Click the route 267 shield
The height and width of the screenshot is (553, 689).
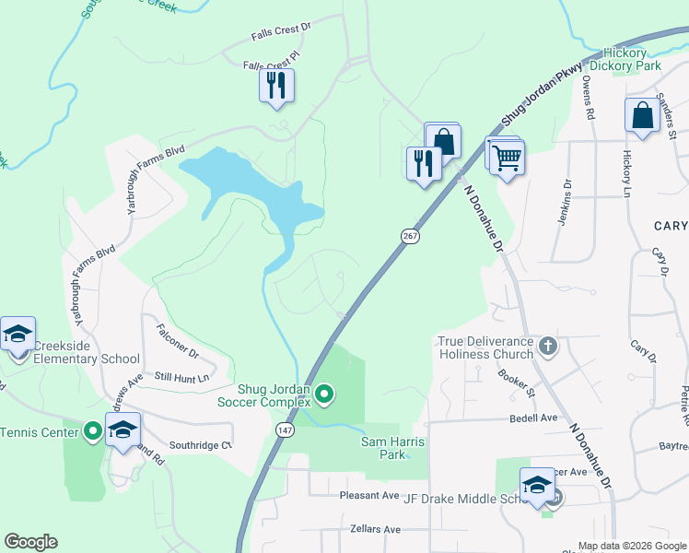[408, 237]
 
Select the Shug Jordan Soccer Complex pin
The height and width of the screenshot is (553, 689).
[324, 395]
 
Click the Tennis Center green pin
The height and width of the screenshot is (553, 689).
[92, 430]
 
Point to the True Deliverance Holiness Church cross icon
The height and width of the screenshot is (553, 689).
[548, 347]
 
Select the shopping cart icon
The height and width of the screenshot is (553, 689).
[506, 157]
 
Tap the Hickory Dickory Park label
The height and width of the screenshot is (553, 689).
[632, 60]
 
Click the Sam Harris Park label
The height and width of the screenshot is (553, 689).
[392, 449]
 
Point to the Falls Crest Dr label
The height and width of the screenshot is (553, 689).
[282, 32]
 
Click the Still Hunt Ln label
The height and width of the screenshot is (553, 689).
[181, 377]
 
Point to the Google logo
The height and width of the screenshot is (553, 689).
[30, 542]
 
